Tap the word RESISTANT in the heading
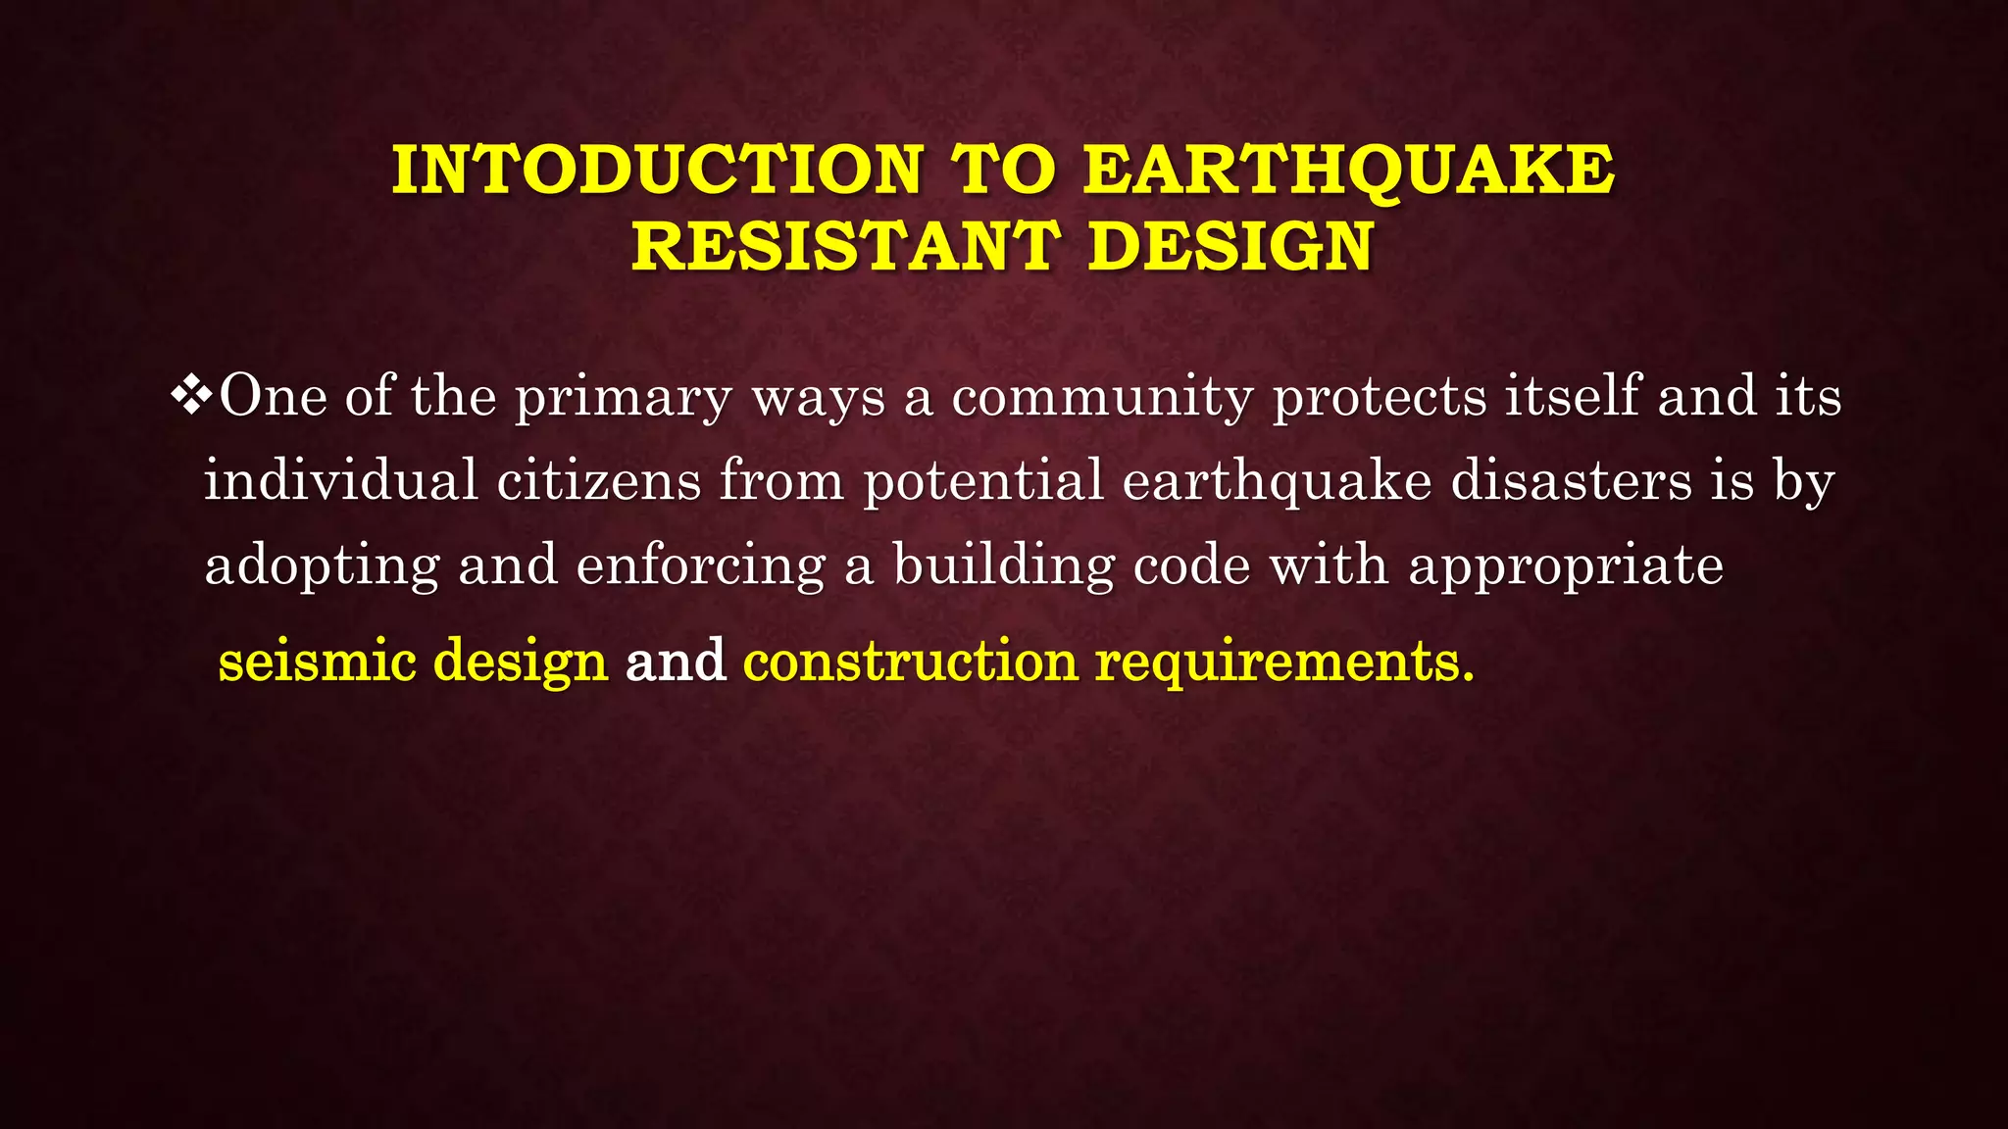(x=846, y=246)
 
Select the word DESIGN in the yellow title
(x=1230, y=246)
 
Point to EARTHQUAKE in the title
(x=1349, y=170)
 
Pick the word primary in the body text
(x=624, y=399)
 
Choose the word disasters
(x=1572, y=481)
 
